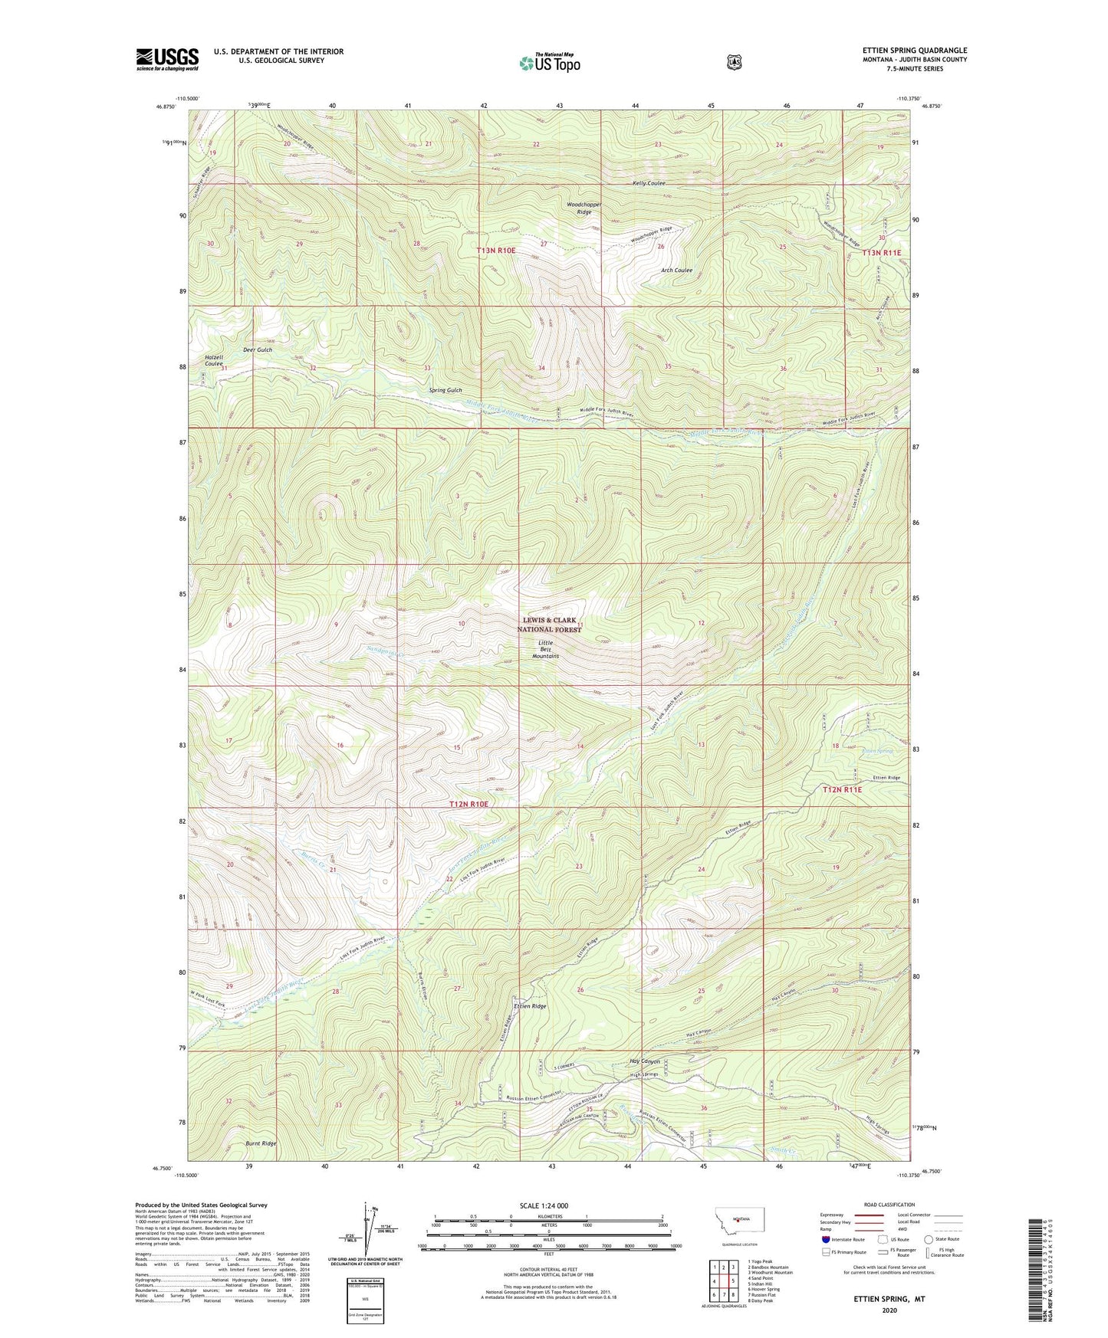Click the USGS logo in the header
[167, 59]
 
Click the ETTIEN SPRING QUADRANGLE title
[914, 51]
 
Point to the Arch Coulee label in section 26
[676, 270]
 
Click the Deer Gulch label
[258, 349]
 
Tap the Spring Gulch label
[445, 390]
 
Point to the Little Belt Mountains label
[547, 649]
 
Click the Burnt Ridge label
[261, 1143]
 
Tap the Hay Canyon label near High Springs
[644, 1061]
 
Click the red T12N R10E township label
[469, 804]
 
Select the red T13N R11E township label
[881, 252]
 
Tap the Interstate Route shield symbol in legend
[825, 1239]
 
